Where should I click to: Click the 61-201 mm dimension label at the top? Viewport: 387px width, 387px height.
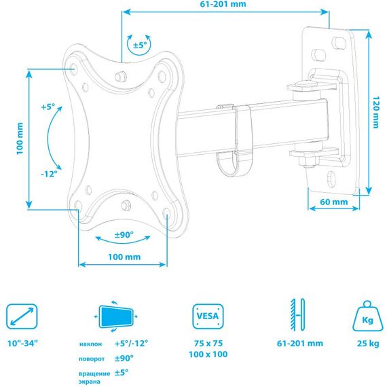223,4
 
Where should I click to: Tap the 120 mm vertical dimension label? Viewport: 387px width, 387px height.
375,112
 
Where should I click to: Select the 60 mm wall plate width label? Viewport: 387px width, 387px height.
333,202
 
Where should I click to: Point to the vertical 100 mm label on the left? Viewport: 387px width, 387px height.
20,139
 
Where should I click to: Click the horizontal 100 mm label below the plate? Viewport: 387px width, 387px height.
124,257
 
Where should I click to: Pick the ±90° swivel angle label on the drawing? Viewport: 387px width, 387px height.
124,235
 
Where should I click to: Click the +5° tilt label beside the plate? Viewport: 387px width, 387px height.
48,107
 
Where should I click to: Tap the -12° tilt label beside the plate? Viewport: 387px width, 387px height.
49,174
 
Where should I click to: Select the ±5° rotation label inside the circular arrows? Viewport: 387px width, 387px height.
140,45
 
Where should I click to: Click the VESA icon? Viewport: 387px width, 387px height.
208,316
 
